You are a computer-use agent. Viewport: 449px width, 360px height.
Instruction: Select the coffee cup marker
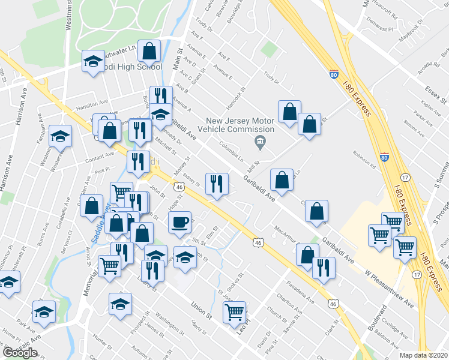pyautogui.click(x=179, y=223)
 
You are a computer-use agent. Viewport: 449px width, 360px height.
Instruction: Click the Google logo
pyautogui.click(x=20, y=353)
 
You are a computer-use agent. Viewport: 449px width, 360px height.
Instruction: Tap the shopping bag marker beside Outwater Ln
pyautogui.click(x=149, y=52)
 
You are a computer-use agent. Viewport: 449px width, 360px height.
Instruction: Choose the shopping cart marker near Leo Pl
pyautogui.click(x=234, y=312)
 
